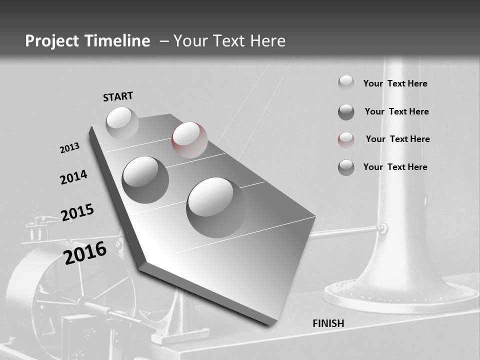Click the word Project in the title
(x=52, y=41)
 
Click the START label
(x=118, y=96)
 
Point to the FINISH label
(x=328, y=323)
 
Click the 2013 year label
(x=70, y=148)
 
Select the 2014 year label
(x=74, y=177)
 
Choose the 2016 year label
(x=85, y=252)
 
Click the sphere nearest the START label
(x=122, y=123)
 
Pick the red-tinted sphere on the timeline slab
(x=189, y=139)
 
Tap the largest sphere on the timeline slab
(x=216, y=207)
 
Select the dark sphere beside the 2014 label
(x=145, y=179)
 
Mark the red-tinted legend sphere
(x=346, y=139)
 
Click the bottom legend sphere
(x=346, y=167)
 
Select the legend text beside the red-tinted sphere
(x=397, y=139)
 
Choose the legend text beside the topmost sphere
(x=395, y=83)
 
